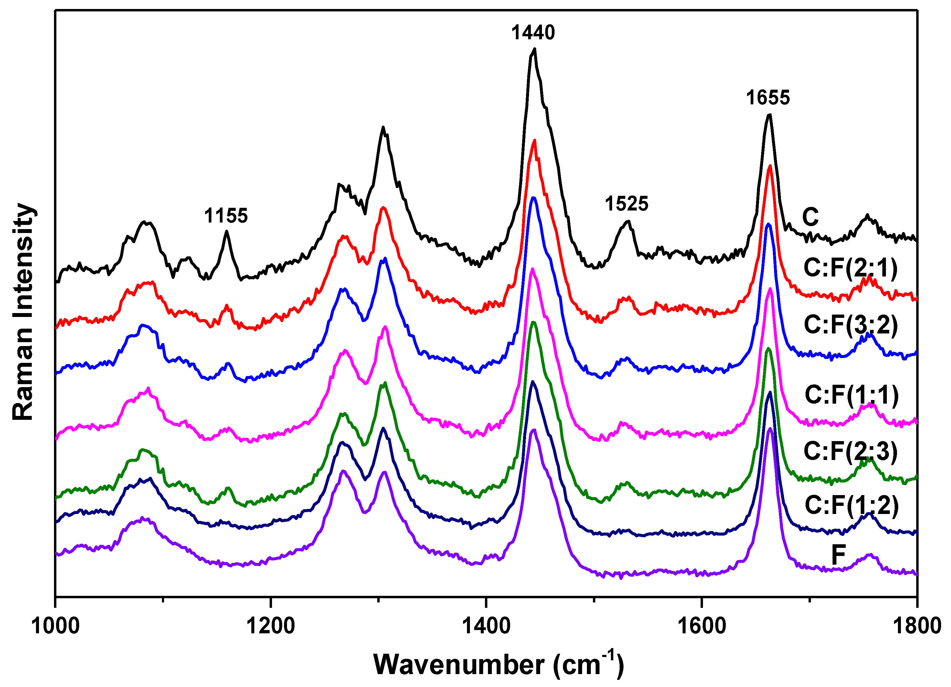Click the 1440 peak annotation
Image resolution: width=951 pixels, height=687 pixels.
(x=533, y=33)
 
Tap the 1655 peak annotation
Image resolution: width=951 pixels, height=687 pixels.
(x=768, y=98)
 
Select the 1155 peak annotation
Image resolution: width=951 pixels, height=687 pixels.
(x=226, y=216)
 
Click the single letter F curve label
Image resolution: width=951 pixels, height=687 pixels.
(x=839, y=555)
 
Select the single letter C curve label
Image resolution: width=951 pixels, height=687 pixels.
(x=810, y=217)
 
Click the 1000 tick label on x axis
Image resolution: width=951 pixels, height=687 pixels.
(x=55, y=626)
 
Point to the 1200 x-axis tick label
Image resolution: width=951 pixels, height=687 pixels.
(x=271, y=626)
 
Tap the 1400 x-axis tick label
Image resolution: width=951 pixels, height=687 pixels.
(x=486, y=626)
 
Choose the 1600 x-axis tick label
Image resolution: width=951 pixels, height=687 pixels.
(x=701, y=626)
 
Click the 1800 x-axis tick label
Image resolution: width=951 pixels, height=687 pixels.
(x=917, y=626)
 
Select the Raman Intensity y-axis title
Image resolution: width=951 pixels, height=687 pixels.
(x=23, y=312)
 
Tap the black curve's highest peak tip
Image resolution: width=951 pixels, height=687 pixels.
(x=534, y=49)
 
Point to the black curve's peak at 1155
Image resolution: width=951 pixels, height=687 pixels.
(x=226, y=231)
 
